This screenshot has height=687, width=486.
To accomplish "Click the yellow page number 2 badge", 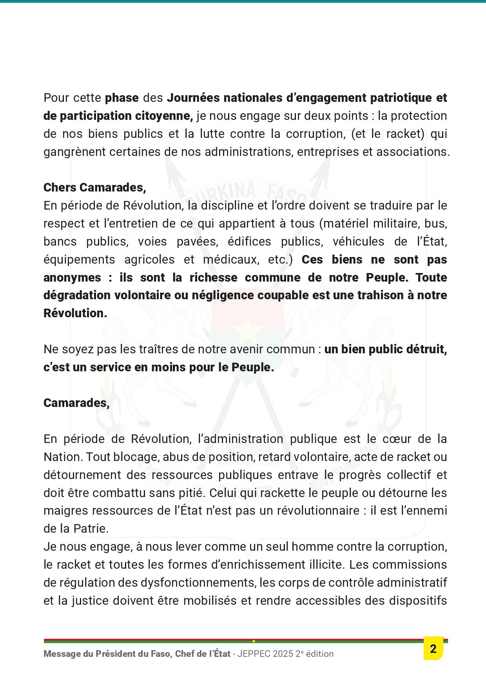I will pos(433,649).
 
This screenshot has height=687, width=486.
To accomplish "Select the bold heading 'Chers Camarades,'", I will pos(94,188).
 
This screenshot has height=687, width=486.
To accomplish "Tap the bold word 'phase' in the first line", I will pos(121,98).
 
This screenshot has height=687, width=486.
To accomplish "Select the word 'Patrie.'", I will pos(91,529).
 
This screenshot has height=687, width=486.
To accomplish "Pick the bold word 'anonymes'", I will pos(72,277).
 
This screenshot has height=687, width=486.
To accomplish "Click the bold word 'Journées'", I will pos(192,98).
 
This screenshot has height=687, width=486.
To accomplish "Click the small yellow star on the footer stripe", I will pos(254,641).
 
